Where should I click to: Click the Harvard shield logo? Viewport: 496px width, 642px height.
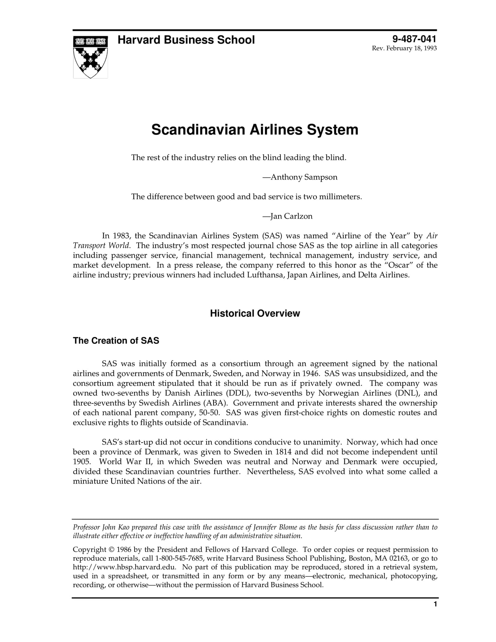90,57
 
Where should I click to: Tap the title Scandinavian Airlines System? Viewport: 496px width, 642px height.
255,130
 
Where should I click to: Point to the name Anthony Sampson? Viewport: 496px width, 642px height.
304,177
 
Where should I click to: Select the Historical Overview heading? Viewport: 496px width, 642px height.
255,313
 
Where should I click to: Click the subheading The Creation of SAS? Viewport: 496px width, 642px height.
116,341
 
